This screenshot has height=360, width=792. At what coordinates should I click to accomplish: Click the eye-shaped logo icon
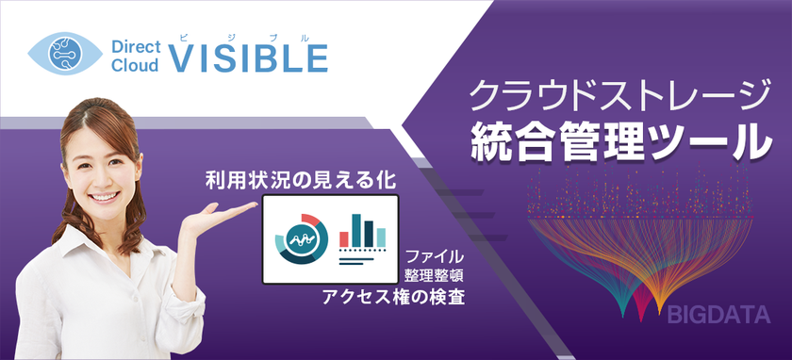click(65, 54)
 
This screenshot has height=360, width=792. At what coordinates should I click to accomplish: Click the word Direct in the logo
click(136, 47)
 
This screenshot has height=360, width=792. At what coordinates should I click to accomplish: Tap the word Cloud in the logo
click(135, 66)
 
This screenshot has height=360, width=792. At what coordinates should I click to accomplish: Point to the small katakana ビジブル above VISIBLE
click(243, 37)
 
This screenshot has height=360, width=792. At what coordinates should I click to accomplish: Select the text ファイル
click(435, 256)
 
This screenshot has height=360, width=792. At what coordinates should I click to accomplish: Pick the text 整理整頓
click(435, 276)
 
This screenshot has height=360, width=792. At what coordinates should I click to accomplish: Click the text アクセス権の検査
click(393, 297)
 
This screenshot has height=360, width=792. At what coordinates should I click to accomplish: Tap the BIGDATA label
click(718, 315)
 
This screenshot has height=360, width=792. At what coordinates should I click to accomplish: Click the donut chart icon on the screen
click(302, 238)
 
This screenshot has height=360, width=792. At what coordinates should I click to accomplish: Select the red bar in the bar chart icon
click(344, 239)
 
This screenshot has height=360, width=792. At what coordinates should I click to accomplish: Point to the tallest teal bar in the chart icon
click(356, 231)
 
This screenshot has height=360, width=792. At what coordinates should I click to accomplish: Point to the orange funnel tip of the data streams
click(659, 308)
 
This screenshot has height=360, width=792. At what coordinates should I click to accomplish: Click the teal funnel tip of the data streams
click(623, 310)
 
